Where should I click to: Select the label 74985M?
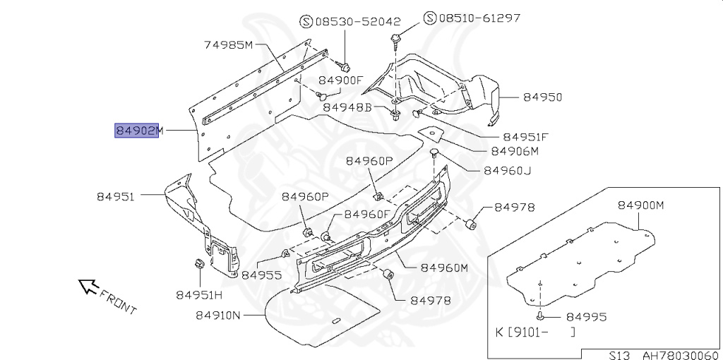click(x=229, y=46)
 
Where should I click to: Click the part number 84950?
click(x=543, y=97)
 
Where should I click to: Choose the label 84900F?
click(x=340, y=80)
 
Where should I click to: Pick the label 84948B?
click(x=347, y=107)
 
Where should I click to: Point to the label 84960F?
click(x=368, y=214)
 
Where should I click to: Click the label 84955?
click(x=262, y=275)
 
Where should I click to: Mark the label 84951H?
click(x=199, y=294)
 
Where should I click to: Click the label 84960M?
click(x=445, y=268)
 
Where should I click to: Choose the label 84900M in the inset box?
click(x=642, y=205)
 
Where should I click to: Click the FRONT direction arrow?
click(x=88, y=286)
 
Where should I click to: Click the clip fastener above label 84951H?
click(x=199, y=265)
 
